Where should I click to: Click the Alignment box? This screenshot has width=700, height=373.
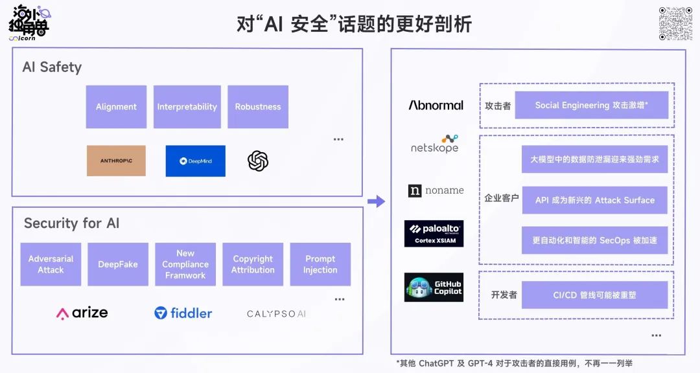click(x=116, y=107)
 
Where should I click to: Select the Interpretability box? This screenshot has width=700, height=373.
click(x=187, y=107)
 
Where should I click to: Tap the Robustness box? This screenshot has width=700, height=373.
click(x=257, y=107)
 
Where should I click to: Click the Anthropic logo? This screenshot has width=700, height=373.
click(x=116, y=161)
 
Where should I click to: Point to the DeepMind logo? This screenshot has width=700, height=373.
click(x=195, y=161)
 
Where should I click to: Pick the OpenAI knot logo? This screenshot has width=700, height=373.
click(x=258, y=161)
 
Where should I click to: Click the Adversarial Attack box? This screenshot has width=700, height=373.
click(x=51, y=264)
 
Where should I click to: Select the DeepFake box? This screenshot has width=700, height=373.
click(x=118, y=264)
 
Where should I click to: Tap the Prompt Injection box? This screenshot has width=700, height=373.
click(x=320, y=264)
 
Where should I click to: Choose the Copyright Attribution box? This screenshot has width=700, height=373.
click(x=253, y=264)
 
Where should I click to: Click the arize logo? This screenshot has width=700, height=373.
click(x=82, y=313)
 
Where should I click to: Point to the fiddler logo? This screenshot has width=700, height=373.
click(x=183, y=313)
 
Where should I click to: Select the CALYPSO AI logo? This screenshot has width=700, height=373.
click(x=276, y=314)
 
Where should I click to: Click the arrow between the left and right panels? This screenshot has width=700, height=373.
click(x=376, y=201)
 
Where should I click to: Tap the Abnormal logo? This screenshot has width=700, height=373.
click(x=436, y=105)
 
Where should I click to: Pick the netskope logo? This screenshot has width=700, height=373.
click(x=434, y=144)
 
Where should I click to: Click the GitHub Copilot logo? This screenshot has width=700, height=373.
click(x=434, y=288)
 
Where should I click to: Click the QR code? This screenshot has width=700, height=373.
click(x=675, y=24)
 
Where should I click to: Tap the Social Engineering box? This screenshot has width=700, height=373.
click(x=592, y=105)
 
